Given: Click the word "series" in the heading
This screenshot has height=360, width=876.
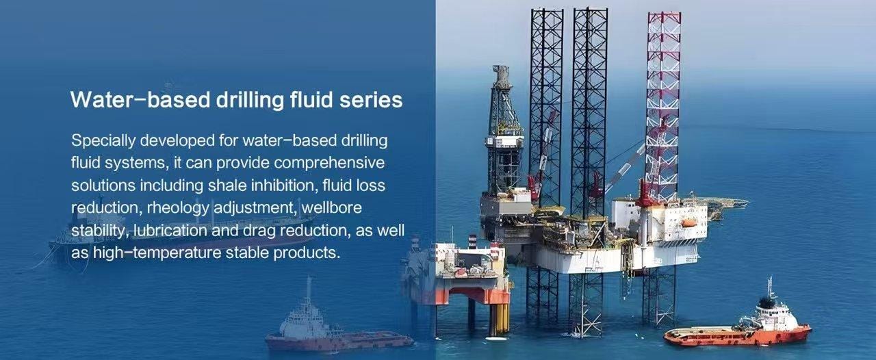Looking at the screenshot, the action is click(371, 100).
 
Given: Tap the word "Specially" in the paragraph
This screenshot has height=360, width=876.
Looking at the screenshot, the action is click(103, 141).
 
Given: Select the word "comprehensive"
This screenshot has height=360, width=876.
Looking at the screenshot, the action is click(329, 163).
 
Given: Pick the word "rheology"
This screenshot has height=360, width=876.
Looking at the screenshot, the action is click(178, 208).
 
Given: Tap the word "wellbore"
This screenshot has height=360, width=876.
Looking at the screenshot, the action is click(332, 207).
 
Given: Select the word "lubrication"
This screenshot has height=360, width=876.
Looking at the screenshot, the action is click(170, 230).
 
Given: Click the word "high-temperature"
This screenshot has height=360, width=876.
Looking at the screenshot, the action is click(157, 253).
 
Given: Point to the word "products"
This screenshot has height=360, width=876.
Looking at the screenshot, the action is click(307, 253).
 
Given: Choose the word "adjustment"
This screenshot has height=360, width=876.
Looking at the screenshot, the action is click(256, 208).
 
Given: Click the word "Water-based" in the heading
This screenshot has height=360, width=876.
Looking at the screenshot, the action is click(141, 100).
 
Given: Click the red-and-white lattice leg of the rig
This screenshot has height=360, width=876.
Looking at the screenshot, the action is click(663, 105).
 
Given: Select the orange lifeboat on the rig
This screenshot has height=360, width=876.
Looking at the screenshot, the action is click(689, 222).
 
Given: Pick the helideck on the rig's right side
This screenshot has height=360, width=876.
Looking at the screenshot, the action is click(727, 203).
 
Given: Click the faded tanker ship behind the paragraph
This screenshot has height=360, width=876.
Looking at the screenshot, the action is click(180, 231).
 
